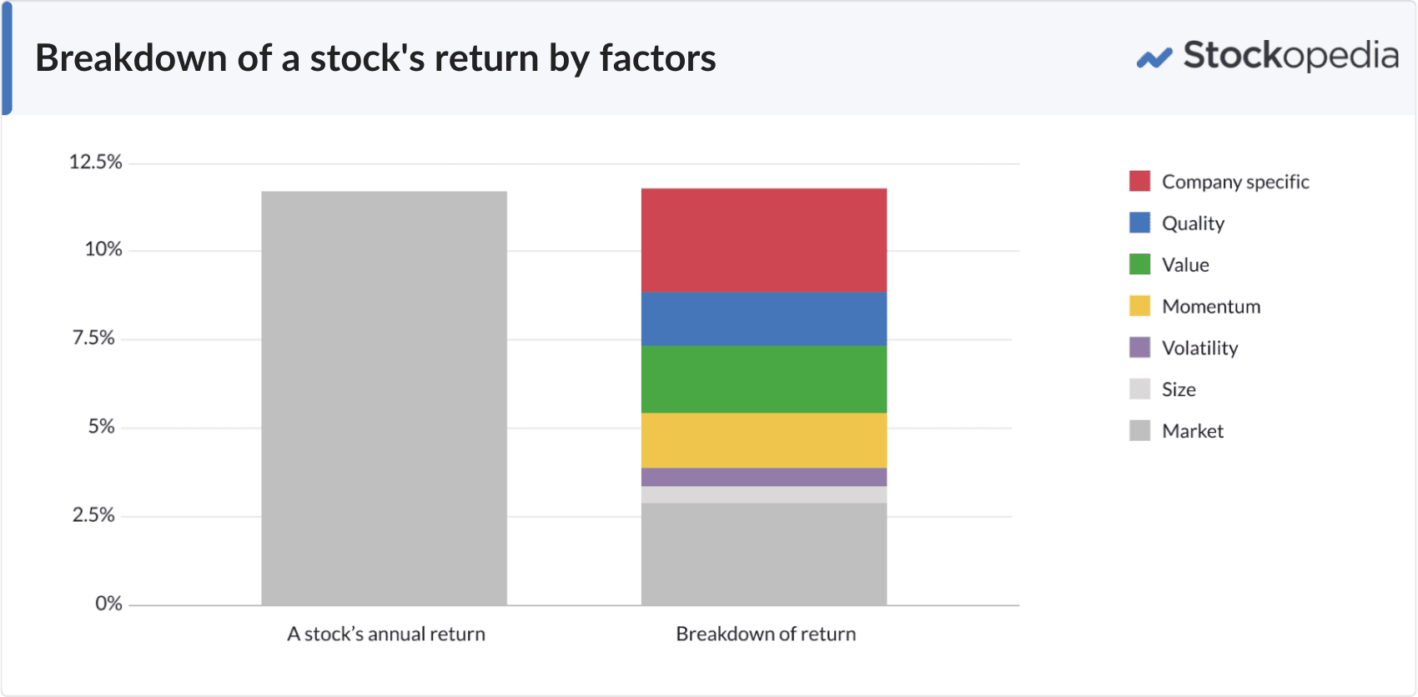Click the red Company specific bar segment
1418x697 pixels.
763,240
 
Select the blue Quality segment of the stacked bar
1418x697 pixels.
763,318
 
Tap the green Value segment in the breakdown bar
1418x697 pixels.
763,379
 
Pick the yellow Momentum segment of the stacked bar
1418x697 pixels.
763,440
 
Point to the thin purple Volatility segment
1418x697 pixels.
763,477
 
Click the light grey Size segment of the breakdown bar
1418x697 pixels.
763,494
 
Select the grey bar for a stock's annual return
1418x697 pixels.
384,399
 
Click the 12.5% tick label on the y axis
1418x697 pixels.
95,162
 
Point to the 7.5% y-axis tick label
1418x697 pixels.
93,338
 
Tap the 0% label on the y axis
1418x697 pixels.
108,604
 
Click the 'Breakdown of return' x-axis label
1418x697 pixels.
766,634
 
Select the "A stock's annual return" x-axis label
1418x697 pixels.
385,634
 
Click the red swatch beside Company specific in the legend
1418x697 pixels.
1139,181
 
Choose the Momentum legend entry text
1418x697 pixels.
1210,306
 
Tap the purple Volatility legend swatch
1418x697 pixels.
1139,348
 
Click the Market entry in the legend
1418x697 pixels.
1192,431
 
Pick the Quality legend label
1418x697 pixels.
1193,223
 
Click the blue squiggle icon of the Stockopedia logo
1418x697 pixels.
1154,58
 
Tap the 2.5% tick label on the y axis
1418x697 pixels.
93,515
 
